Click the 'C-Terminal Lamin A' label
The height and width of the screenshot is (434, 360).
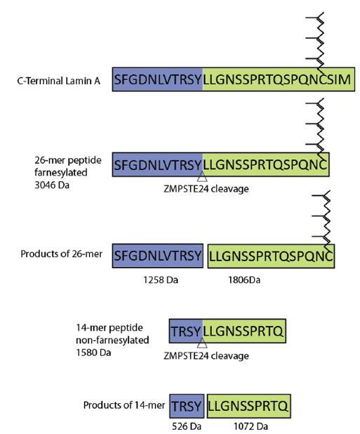[59, 81]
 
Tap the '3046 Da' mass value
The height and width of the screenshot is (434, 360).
[52, 185]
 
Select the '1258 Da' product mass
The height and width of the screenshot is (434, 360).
[161, 280]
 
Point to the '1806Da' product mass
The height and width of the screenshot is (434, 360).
[244, 280]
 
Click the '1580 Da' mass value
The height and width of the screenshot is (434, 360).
[93, 353]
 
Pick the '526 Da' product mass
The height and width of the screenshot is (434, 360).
[187, 426]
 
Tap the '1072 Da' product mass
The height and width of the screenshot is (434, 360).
[251, 426]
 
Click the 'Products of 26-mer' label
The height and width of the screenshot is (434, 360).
[61, 254]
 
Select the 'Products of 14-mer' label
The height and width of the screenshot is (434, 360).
[124, 405]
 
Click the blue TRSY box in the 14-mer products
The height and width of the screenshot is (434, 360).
[187, 406]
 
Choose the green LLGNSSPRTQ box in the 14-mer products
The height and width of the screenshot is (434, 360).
[249, 406]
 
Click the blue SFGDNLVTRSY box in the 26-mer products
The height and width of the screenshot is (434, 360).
[158, 256]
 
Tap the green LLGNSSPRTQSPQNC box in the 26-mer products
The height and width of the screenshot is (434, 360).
[272, 256]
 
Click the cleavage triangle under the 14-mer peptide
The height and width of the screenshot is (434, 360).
[202, 344]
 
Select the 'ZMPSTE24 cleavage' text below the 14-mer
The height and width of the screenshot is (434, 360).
[206, 355]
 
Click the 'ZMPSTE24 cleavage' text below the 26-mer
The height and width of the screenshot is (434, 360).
[206, 189]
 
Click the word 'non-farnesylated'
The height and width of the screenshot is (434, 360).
[112, 340]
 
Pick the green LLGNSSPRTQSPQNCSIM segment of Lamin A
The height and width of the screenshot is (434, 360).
[279, 79]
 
